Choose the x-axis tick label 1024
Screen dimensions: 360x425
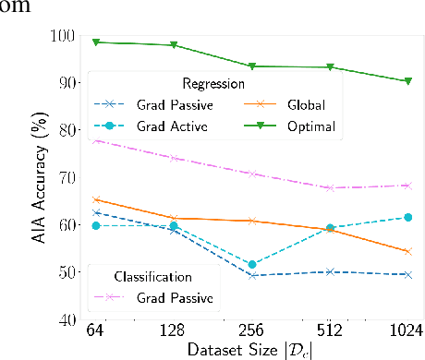[406, 330]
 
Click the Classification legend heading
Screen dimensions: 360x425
[153, 276]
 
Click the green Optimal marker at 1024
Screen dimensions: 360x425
[407, 81]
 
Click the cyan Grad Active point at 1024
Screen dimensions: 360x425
[407, 217]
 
